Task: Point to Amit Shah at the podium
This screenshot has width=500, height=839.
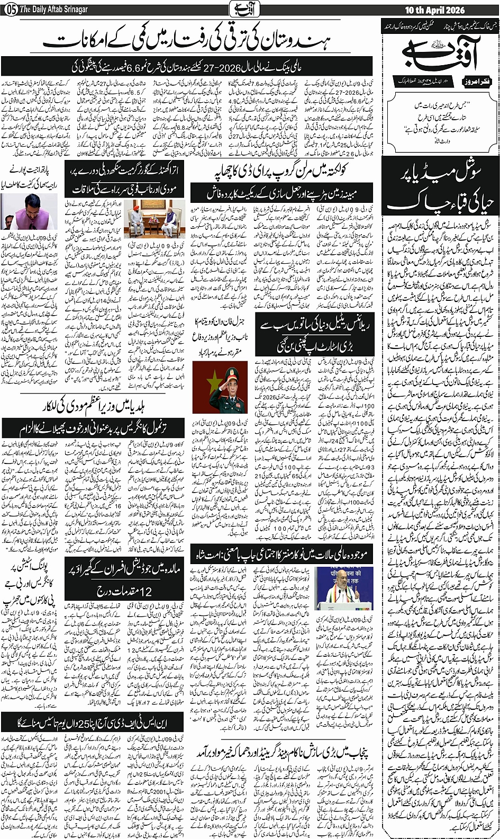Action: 338,587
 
